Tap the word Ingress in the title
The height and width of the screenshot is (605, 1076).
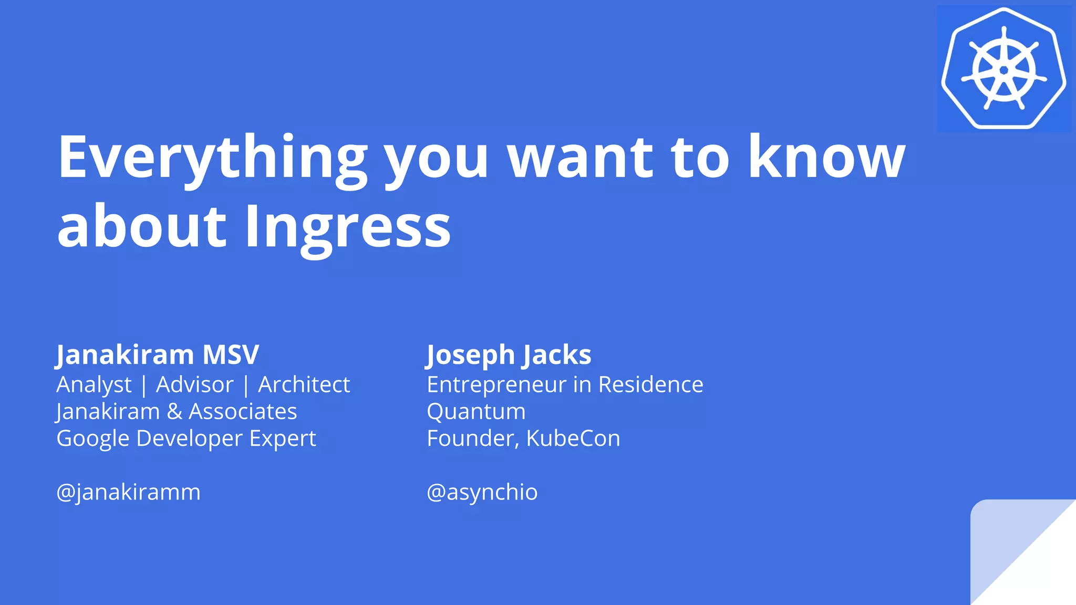click(347, 227)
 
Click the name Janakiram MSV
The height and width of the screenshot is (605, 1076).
click(158, 354)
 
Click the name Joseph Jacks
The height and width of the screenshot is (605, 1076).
click(509, 354)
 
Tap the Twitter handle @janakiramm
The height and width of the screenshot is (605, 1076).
click(128, 492)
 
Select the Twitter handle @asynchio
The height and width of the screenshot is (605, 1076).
click(482, 492)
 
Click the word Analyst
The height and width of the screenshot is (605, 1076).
click(94, 385)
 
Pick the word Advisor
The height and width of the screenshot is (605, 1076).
click(194, 385)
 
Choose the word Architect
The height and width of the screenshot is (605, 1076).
click(304, 385)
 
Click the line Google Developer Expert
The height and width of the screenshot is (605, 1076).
click(186, 439)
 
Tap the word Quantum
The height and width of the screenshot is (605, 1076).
click(476, 412)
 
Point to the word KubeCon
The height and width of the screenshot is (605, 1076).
click(573, 439)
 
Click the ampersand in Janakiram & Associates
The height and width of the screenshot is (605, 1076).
click(174, 412)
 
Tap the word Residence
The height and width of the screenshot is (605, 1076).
click(650, 385)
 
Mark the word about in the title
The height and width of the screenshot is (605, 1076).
click(142, 227)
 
